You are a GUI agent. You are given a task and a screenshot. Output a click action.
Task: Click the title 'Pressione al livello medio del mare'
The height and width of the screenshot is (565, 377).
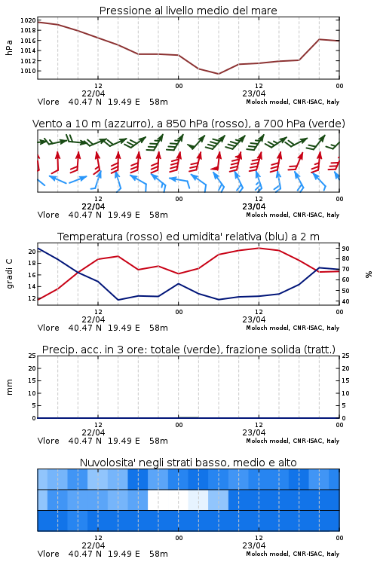[x=188, y=11]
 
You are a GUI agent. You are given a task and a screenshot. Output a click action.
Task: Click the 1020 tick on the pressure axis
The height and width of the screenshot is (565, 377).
[x=28, y=20]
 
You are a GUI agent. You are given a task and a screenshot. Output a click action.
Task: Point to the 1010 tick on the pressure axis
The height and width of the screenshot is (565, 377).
[x=28, y=71]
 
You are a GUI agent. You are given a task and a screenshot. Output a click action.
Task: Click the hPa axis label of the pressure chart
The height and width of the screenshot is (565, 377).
[x=9, y=47]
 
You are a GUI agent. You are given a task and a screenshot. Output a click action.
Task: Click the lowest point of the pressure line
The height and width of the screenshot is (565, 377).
[x=218, y=74]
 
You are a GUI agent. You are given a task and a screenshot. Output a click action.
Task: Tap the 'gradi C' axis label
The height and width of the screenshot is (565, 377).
[x=9, y=274]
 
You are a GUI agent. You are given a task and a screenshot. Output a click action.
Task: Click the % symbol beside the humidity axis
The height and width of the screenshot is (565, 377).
[x=369, y=274]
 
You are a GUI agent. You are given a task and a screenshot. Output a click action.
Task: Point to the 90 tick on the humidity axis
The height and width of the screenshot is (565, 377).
[x=345, y=249]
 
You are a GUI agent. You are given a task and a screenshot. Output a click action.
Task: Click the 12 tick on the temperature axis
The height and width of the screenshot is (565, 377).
[x=32, y=298]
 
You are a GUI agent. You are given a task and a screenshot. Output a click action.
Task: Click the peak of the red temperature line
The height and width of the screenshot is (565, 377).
[x=259, y=248]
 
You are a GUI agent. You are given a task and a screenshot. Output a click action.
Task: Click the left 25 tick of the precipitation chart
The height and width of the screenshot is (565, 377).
[x=32, y=356]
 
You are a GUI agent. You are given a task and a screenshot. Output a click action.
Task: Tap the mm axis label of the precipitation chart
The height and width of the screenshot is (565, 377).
[x=9, y=387]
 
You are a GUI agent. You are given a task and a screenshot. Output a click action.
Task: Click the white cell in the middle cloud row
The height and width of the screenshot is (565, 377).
[x=168, y=499]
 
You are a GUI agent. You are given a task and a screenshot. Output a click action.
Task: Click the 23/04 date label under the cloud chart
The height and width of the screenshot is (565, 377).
[x=254, y=545]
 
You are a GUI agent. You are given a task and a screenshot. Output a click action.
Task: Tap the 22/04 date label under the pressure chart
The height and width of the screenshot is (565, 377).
[x=93, y=93]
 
